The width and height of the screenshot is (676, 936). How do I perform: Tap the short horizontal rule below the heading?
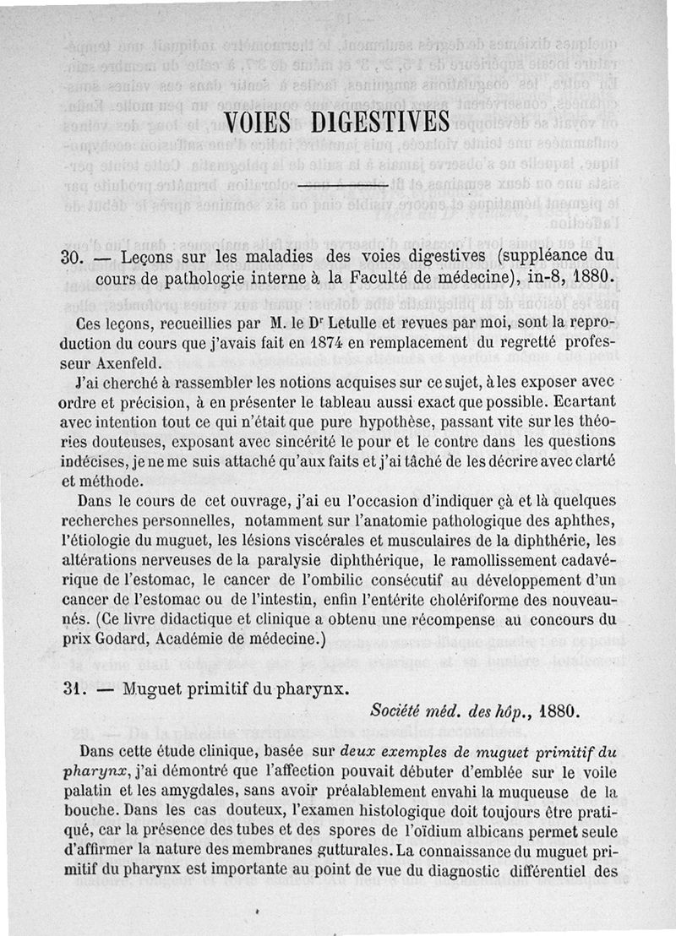338,183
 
